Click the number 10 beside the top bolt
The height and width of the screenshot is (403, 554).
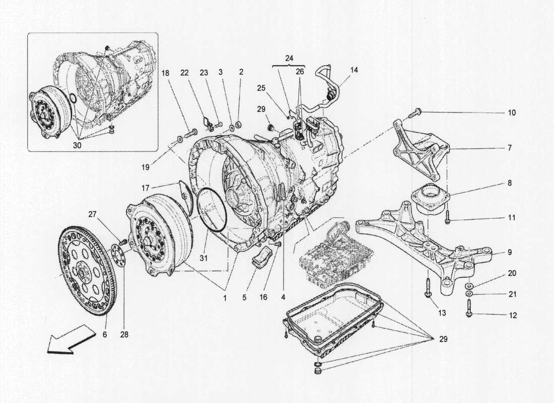[512, 113]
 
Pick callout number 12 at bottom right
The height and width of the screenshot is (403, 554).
[513, 316]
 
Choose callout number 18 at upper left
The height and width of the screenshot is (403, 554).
[166, 72]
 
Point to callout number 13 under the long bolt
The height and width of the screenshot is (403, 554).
[442, 313]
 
